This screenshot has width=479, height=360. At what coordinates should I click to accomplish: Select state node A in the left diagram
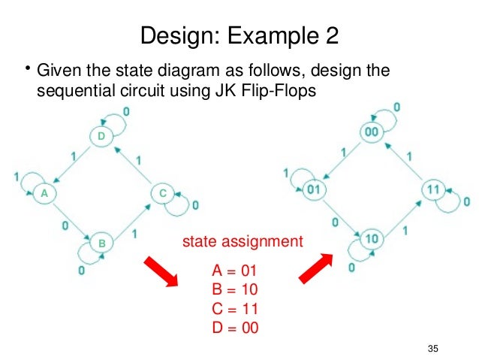(44, 193)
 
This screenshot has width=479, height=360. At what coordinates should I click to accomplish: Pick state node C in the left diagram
(163, 193)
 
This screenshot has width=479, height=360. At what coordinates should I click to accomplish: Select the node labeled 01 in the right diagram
(313, 189)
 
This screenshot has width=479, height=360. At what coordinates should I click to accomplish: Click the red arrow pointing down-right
(161, 273)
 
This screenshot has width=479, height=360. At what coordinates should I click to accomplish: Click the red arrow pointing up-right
(315, 267)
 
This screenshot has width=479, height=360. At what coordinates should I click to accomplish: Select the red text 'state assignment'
(243, 242)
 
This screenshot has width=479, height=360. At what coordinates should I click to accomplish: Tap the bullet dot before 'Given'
(26, 70)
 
